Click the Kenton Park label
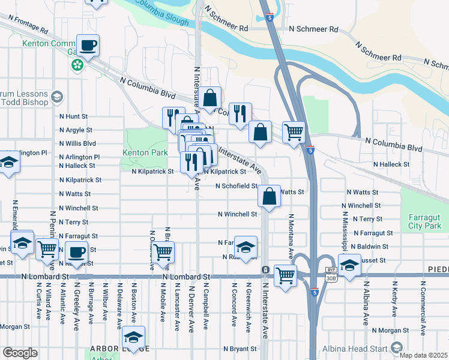(145, 153)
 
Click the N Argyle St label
(76, 130)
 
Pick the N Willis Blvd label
(77, 144)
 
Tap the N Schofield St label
(237, 186)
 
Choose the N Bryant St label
(240, 349)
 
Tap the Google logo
(20, 353)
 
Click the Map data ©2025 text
(423, 355)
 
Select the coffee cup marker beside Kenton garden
(88, 46)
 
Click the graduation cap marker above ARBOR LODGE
(136, 336)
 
